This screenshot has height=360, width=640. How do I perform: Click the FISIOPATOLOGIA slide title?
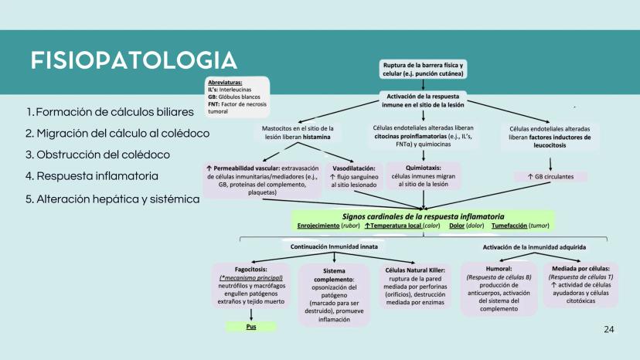point(134,60)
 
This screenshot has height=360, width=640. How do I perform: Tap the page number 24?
point(608,330)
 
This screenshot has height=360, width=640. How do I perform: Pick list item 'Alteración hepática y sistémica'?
point(112,199)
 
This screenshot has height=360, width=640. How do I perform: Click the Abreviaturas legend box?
point(237,96)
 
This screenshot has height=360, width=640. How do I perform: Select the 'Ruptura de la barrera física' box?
point(423,70)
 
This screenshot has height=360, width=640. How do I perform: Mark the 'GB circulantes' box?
point(551,177)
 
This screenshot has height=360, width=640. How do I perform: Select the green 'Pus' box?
point(250,326)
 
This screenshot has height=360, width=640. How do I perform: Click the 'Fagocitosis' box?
point(250,287)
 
